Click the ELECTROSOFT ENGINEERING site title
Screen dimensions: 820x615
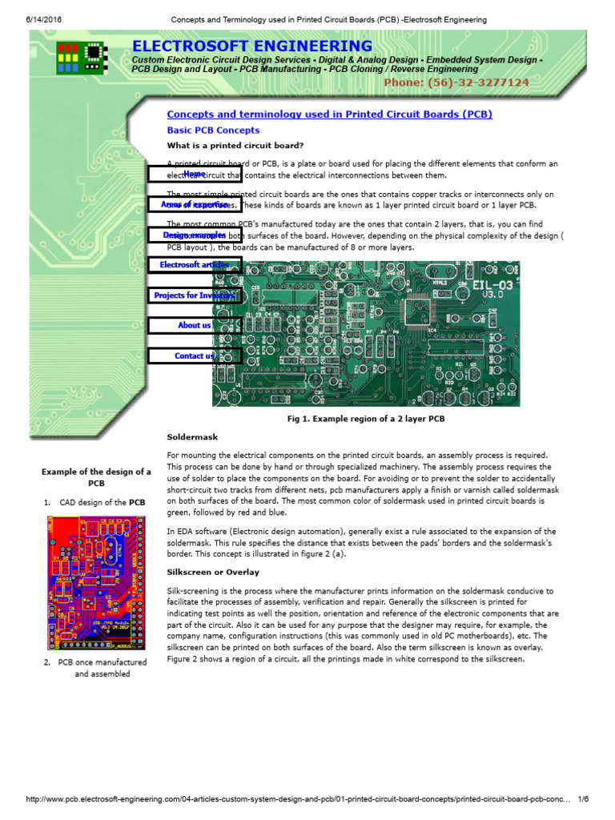(252, 46)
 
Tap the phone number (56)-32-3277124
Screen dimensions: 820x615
(456, 82)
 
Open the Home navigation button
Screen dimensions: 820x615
(195, 174)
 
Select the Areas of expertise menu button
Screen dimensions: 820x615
(195, 205)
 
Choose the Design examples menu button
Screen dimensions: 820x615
(195, 235)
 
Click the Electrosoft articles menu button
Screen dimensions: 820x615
(195, 265)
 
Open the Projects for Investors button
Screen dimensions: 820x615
(195, 295)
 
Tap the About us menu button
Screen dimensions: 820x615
(195, 325)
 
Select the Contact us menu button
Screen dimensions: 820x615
(195, 356)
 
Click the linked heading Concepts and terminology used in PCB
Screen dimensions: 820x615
(329, 115)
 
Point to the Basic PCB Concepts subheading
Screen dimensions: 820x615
(213, 130)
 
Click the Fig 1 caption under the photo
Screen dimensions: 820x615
(366, 419)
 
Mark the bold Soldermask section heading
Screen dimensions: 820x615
(192, 437)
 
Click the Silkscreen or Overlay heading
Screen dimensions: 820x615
(213, 573)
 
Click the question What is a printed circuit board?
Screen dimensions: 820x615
(235, 146)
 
